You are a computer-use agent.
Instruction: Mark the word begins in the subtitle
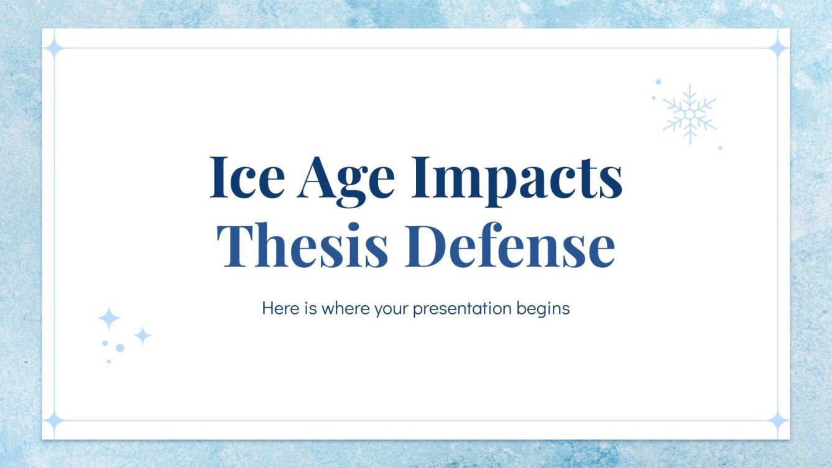543,310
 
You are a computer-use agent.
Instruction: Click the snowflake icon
689,114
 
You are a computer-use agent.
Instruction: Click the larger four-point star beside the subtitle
109,318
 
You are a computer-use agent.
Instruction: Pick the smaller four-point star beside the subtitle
142,336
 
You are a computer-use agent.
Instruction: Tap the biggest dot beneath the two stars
120,347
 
